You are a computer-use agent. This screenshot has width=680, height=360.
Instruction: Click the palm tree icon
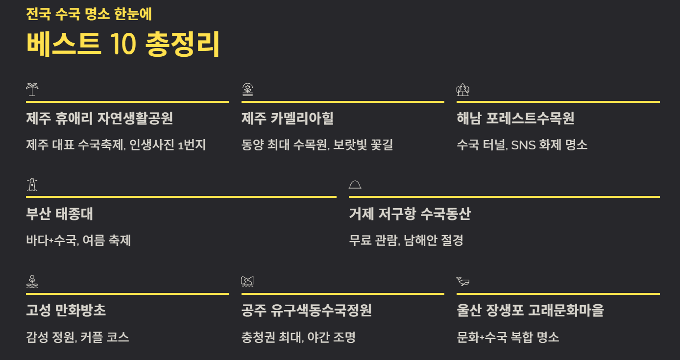(32, 89)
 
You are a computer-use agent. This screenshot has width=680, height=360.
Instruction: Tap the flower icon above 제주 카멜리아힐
(248, 89)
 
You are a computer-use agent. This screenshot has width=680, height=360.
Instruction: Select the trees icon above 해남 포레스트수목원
(462, 89)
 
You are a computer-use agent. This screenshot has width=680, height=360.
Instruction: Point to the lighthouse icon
(32, 185)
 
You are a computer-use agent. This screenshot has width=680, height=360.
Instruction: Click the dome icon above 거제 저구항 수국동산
(355, 185)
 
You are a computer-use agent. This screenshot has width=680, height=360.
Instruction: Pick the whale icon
(463, 281)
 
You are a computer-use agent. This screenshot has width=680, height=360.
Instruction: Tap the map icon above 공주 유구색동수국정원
(248, 281)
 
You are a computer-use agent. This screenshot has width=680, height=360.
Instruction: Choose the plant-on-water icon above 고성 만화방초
(32, 281)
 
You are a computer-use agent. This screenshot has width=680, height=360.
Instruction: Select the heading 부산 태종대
(59, 214)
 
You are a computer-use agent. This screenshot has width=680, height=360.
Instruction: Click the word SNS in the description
(523, 145)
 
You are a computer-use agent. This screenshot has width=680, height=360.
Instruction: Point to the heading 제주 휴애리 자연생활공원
(99, 119)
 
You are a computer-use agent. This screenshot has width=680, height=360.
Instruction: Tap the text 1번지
(192, 145)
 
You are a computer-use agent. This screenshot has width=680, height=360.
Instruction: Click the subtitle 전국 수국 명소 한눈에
(89, 14)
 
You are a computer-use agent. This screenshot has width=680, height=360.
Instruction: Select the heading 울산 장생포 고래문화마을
(531, 310)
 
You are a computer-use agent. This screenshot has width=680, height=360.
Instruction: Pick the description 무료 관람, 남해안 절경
(406, 240)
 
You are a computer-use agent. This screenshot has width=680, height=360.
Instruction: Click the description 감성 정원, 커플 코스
(78, 337)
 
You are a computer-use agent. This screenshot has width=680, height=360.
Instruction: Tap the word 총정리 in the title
(182, 44)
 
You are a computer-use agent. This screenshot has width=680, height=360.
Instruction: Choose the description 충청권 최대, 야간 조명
(298, 337)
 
